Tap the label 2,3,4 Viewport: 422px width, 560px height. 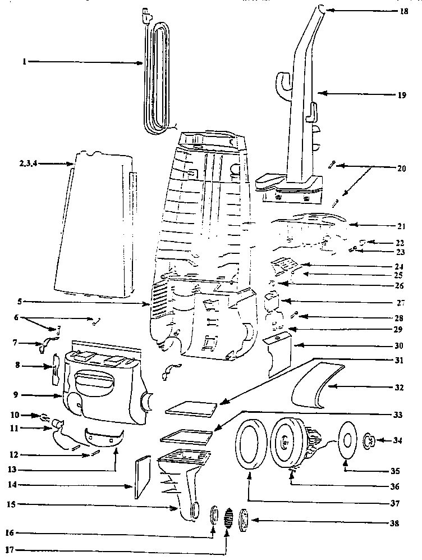point(27,163)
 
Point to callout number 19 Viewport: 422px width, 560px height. point(402,95)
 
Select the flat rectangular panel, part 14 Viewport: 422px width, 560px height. point(144,477)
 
